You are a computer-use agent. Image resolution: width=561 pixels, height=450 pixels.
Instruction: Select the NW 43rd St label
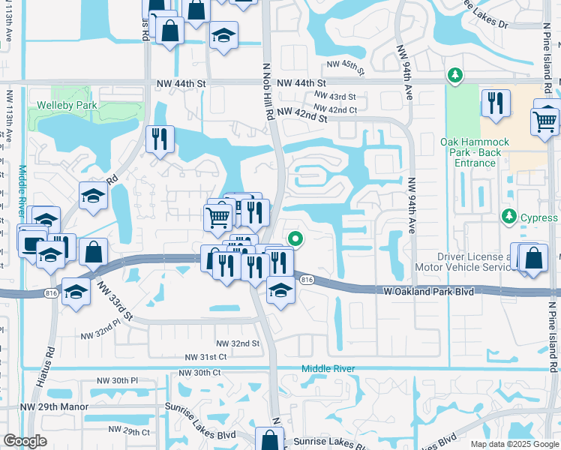[334, 97]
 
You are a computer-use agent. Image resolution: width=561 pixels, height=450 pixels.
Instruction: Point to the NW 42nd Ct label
[336, 110]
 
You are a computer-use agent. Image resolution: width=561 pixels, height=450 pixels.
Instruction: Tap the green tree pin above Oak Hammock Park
[454, 75]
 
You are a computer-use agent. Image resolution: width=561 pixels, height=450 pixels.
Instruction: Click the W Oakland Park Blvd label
[429, 291]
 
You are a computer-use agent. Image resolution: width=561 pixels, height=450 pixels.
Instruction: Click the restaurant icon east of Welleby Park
[160, 139]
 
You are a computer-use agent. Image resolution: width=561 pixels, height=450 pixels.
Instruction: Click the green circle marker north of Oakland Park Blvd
[295, 240]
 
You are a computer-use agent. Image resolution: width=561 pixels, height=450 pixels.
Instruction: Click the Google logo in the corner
[25, 441]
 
